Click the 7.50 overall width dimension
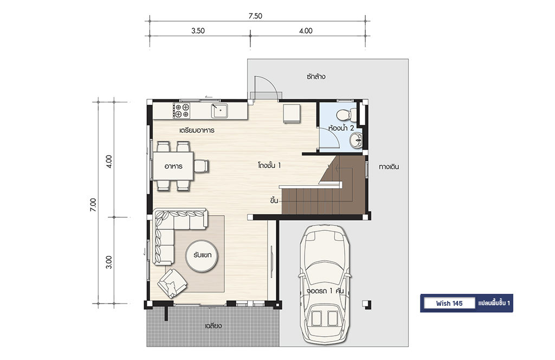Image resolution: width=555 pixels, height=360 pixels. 255,16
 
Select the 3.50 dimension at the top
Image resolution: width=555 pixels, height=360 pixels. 198,31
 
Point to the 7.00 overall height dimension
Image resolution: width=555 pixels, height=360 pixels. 93,205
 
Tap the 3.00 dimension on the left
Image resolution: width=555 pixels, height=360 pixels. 109,262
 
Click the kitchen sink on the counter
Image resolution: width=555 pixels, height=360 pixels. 220,111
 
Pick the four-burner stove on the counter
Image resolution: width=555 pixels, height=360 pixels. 181,111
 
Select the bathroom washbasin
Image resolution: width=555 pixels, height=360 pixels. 356,140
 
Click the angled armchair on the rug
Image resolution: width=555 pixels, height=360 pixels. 172,283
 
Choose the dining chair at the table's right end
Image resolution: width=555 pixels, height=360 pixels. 201,166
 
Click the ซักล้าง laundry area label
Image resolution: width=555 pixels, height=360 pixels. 316,76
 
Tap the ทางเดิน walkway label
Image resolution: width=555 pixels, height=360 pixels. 389,166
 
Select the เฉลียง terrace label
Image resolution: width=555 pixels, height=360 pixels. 213,325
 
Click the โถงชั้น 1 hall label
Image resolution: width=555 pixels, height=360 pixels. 269,165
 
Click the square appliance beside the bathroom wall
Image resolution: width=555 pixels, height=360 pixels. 292,114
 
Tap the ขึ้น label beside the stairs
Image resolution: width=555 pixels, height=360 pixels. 274,201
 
